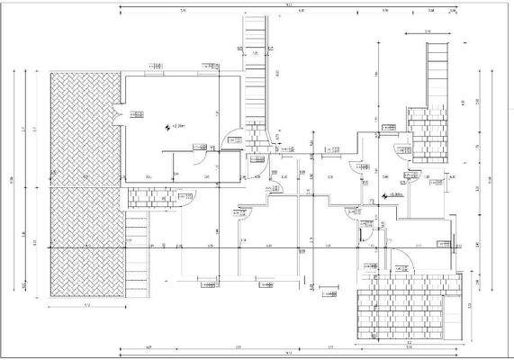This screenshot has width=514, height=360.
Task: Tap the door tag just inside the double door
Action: click(x=136, y=113)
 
